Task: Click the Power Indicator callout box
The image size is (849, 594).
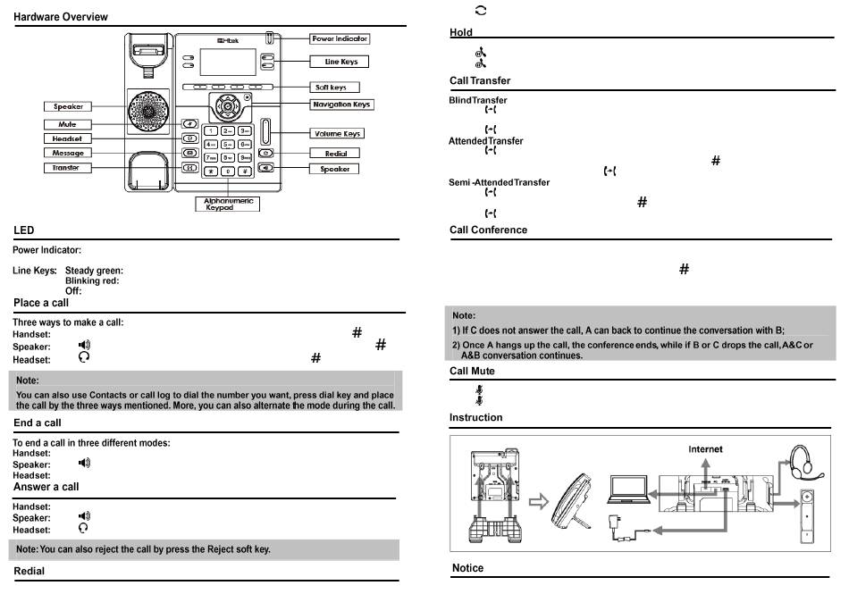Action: pos(340,39)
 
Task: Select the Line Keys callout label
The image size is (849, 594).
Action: pos(340,62)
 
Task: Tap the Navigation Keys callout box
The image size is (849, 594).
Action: pos(341,105)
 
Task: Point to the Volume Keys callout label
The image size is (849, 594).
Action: pos(337,133)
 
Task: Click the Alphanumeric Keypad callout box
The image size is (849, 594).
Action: pos(226,205)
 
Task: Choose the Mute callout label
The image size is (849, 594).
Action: pos(67,124)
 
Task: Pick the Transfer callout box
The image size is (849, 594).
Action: pos(66,168)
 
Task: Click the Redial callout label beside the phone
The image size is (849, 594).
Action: pos(334,154)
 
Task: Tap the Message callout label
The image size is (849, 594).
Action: pos(67,153)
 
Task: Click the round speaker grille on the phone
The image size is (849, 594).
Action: pos(147,111)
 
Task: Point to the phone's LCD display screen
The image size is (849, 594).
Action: pos(224,62)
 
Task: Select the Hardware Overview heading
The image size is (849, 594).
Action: pos(61,17)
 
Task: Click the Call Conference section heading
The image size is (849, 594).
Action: pos(488,230)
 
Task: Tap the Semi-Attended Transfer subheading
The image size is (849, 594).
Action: pos(499,183)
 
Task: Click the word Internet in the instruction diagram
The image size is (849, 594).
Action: pos(705,449)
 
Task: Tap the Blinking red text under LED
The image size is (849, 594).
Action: pos(92,280)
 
